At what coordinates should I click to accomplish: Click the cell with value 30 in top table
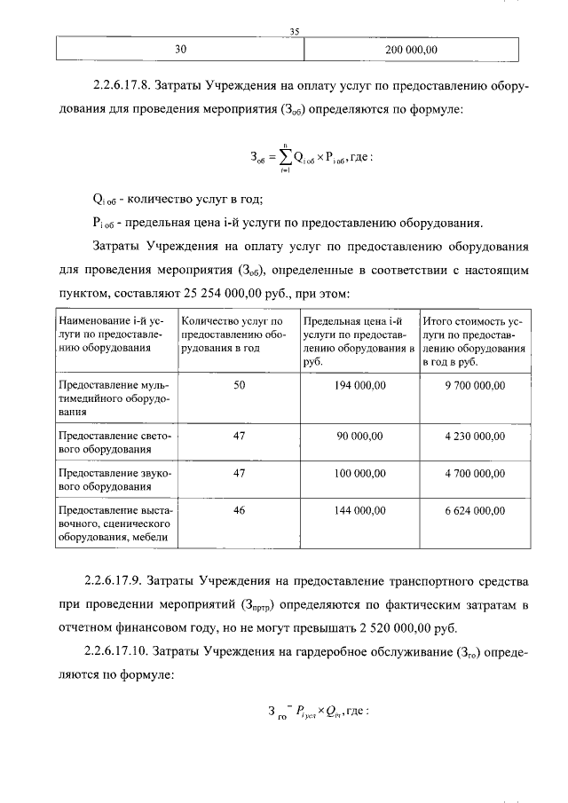click(x=180, y=50)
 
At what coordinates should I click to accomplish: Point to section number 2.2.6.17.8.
click(x=121, y=88)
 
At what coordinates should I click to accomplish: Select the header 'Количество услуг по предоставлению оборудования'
click(x=236, y=335)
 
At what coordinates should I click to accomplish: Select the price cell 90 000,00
click(x=359, y=437)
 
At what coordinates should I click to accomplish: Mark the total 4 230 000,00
click(x=475, y=437)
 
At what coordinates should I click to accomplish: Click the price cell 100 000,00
click(x=359, y=474)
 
